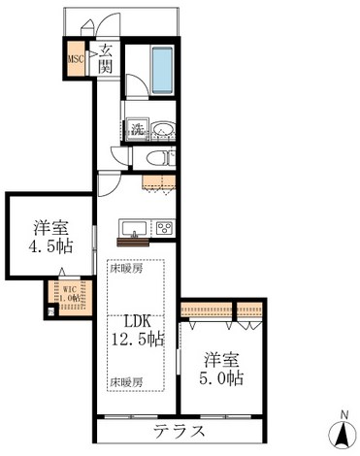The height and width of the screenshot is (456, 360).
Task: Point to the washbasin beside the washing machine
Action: [x=163, y=129]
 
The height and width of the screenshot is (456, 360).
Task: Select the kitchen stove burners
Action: [x=164, y=229]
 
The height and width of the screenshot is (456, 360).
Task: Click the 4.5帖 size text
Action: [x=50, y=247]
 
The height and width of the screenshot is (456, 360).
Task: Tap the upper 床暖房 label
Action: [x=125, y=269]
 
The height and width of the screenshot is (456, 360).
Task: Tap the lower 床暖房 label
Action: [x=125, y=380]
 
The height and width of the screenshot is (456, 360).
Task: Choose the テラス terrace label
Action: [x=181, y=431]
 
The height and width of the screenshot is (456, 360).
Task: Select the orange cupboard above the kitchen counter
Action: [x=157, y=179]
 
